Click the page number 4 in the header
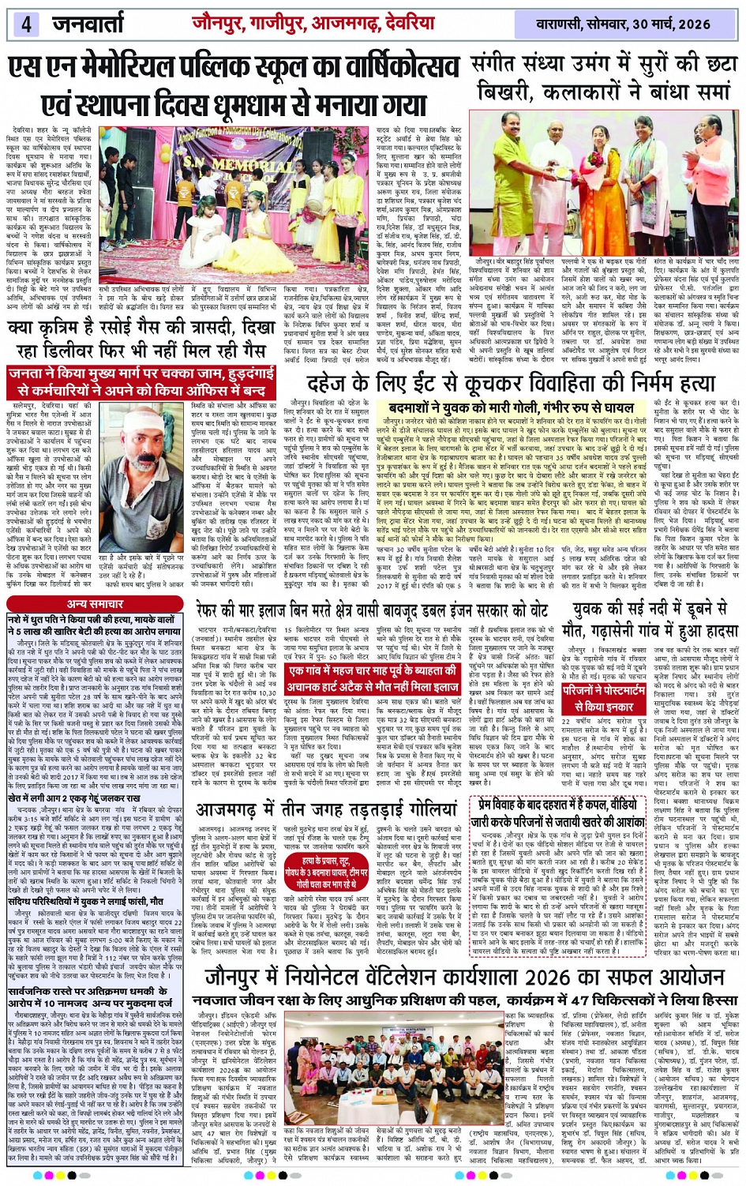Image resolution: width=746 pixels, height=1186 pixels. click(x=26, y=23)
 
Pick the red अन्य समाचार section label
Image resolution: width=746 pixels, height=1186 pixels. click(x=94, y=604)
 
